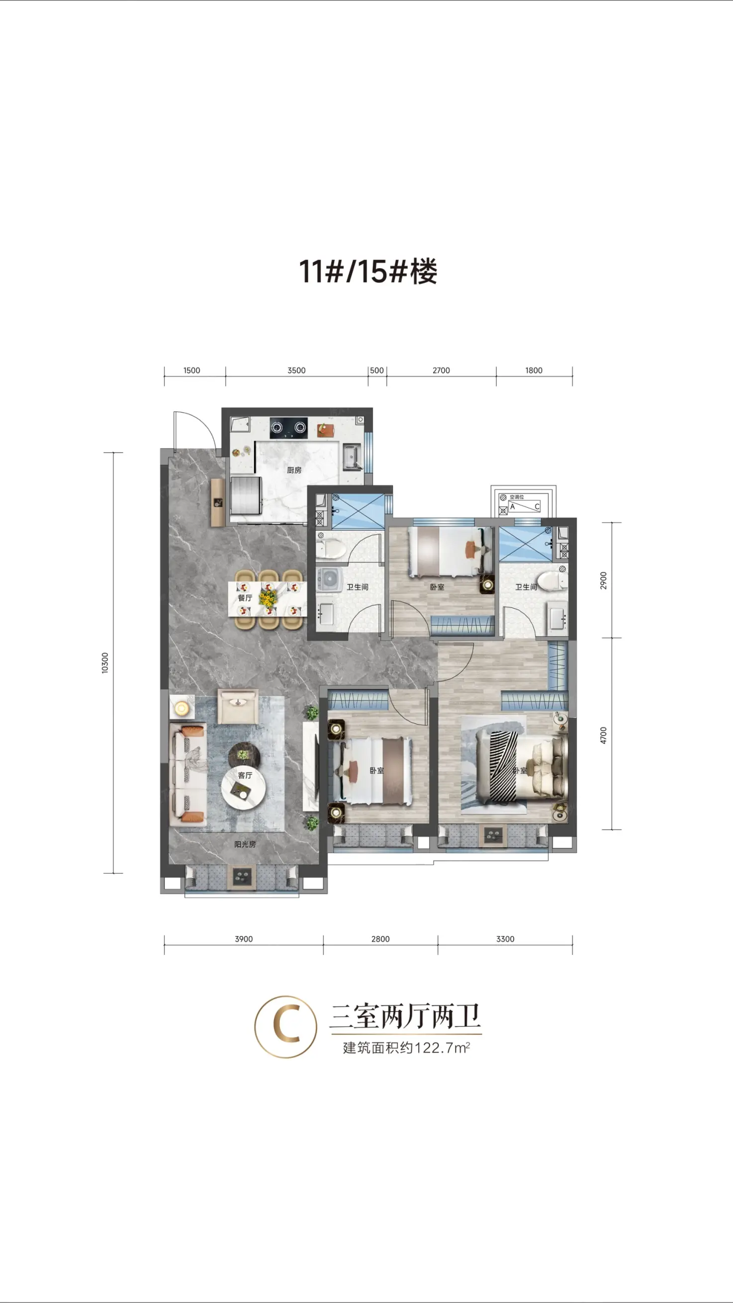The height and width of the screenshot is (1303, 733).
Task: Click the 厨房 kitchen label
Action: pyautogui.click(x=294, y=470)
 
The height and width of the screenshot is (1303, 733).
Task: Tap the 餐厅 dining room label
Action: pyautogui.click(x=245, y=598)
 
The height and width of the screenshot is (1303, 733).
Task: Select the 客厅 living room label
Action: pyautogui.click(x=245, y=775)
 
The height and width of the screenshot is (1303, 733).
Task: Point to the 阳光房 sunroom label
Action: pyautogui.click(x=245, y=844)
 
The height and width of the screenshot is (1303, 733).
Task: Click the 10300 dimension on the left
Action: pyautogui.click(x=105, y=662)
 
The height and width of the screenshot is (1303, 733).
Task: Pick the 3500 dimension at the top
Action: pyautogui.click(x=296, y=371)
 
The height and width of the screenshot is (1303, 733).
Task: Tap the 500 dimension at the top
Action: pyautogui.click(x=377, y=371)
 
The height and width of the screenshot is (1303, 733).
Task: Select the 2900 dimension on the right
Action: pyautogui.click(x=603, y=580)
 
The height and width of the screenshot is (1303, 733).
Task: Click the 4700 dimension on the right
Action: pyautogui.click(x=603, y=735)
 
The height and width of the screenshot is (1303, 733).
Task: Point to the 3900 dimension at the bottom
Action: pyautogui.click(x=244, y=939)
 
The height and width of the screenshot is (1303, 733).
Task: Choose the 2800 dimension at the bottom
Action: pyautogui.click(x=380, y=939)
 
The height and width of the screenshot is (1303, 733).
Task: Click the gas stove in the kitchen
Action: pyautogui.click(x=289, y=428)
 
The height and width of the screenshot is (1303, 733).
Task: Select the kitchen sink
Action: pyautogui.click(x=352, y=456)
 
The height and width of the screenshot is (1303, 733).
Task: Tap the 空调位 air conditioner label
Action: pyautogui.click(x=517, y=497)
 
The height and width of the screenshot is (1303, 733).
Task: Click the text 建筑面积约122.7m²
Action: pyautogui.click(x=407, y=1047)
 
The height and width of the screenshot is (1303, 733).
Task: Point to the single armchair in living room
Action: pyautogui.click(x=238, y=706)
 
